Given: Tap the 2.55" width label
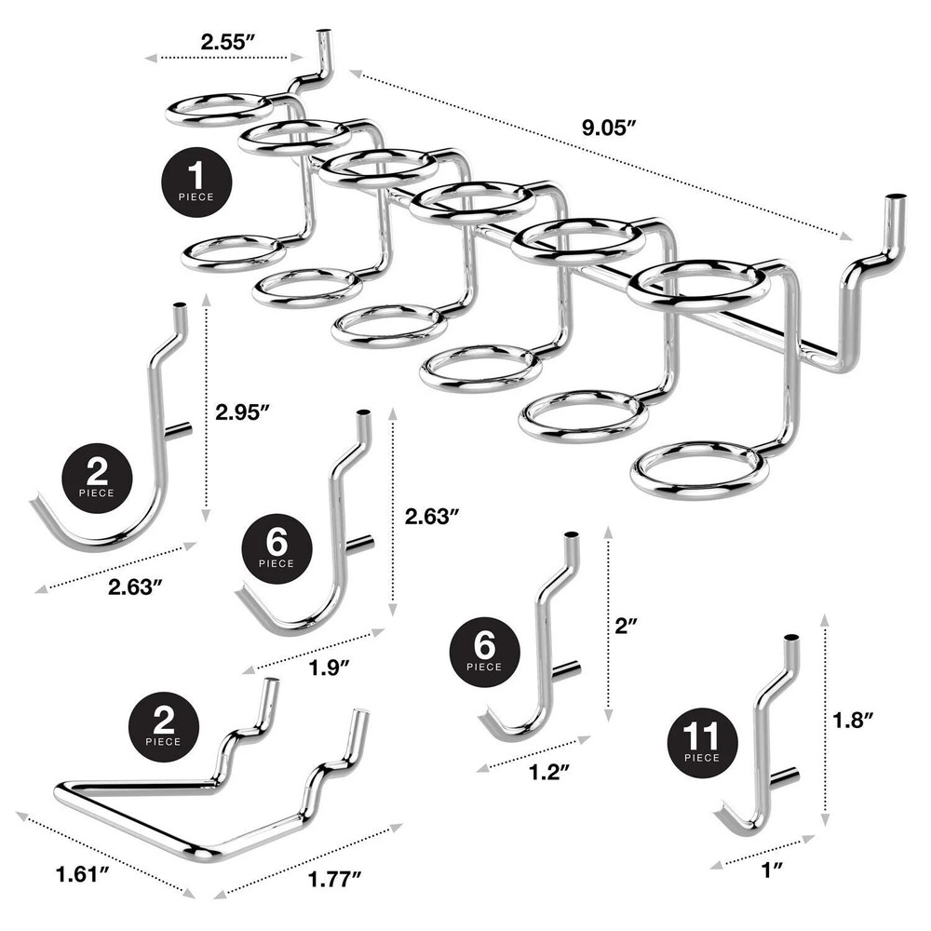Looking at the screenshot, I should coord(227,41).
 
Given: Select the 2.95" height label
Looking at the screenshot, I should coord(243,411).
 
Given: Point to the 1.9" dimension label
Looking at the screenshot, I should coord(331,667).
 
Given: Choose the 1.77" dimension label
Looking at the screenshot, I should coord(332,875).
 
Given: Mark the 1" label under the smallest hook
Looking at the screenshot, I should coord(770,870).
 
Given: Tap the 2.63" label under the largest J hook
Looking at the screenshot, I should coord(136,587).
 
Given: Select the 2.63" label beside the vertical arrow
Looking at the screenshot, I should coord(432,515).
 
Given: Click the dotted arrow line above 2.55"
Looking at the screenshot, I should coord(227,59).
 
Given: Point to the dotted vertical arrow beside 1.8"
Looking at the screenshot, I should coord(826,719).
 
